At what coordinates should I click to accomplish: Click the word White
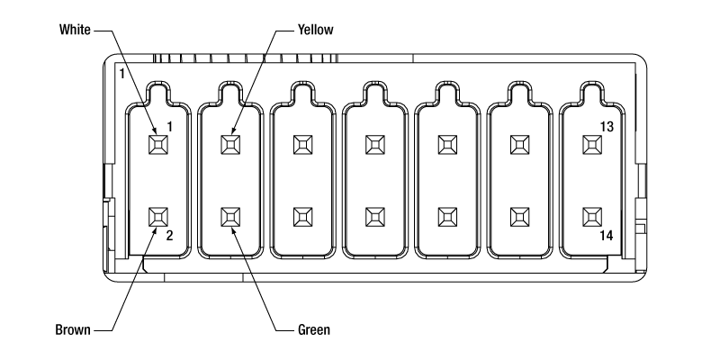pos(75,30)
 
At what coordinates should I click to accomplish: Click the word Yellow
pos(316,30)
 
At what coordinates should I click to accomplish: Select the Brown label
pos(73,330)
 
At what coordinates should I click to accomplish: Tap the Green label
pos(314,330)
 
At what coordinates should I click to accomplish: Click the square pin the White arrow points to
pos(158,145)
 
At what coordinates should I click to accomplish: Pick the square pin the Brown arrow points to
pos(158,217)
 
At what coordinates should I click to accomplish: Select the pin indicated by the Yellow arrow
pos(230,145)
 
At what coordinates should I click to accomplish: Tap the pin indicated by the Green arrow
pos(230,217)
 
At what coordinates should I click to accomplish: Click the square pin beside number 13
pos(592,145)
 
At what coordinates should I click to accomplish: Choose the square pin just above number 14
pos(592,217)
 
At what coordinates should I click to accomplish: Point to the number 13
pos(607,127)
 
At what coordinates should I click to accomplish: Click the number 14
pos(607,236)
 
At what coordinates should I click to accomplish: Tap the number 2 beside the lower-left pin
pos(169,236)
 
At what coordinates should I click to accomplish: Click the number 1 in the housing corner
pos(121,74)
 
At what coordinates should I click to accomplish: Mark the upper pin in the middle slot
pos(375,145)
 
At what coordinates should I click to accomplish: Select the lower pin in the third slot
pos(303,217)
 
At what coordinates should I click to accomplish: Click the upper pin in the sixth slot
pos(520,145)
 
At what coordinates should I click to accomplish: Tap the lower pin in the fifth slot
pos(447,217)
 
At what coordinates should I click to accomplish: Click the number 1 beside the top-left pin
pos(170,127)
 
